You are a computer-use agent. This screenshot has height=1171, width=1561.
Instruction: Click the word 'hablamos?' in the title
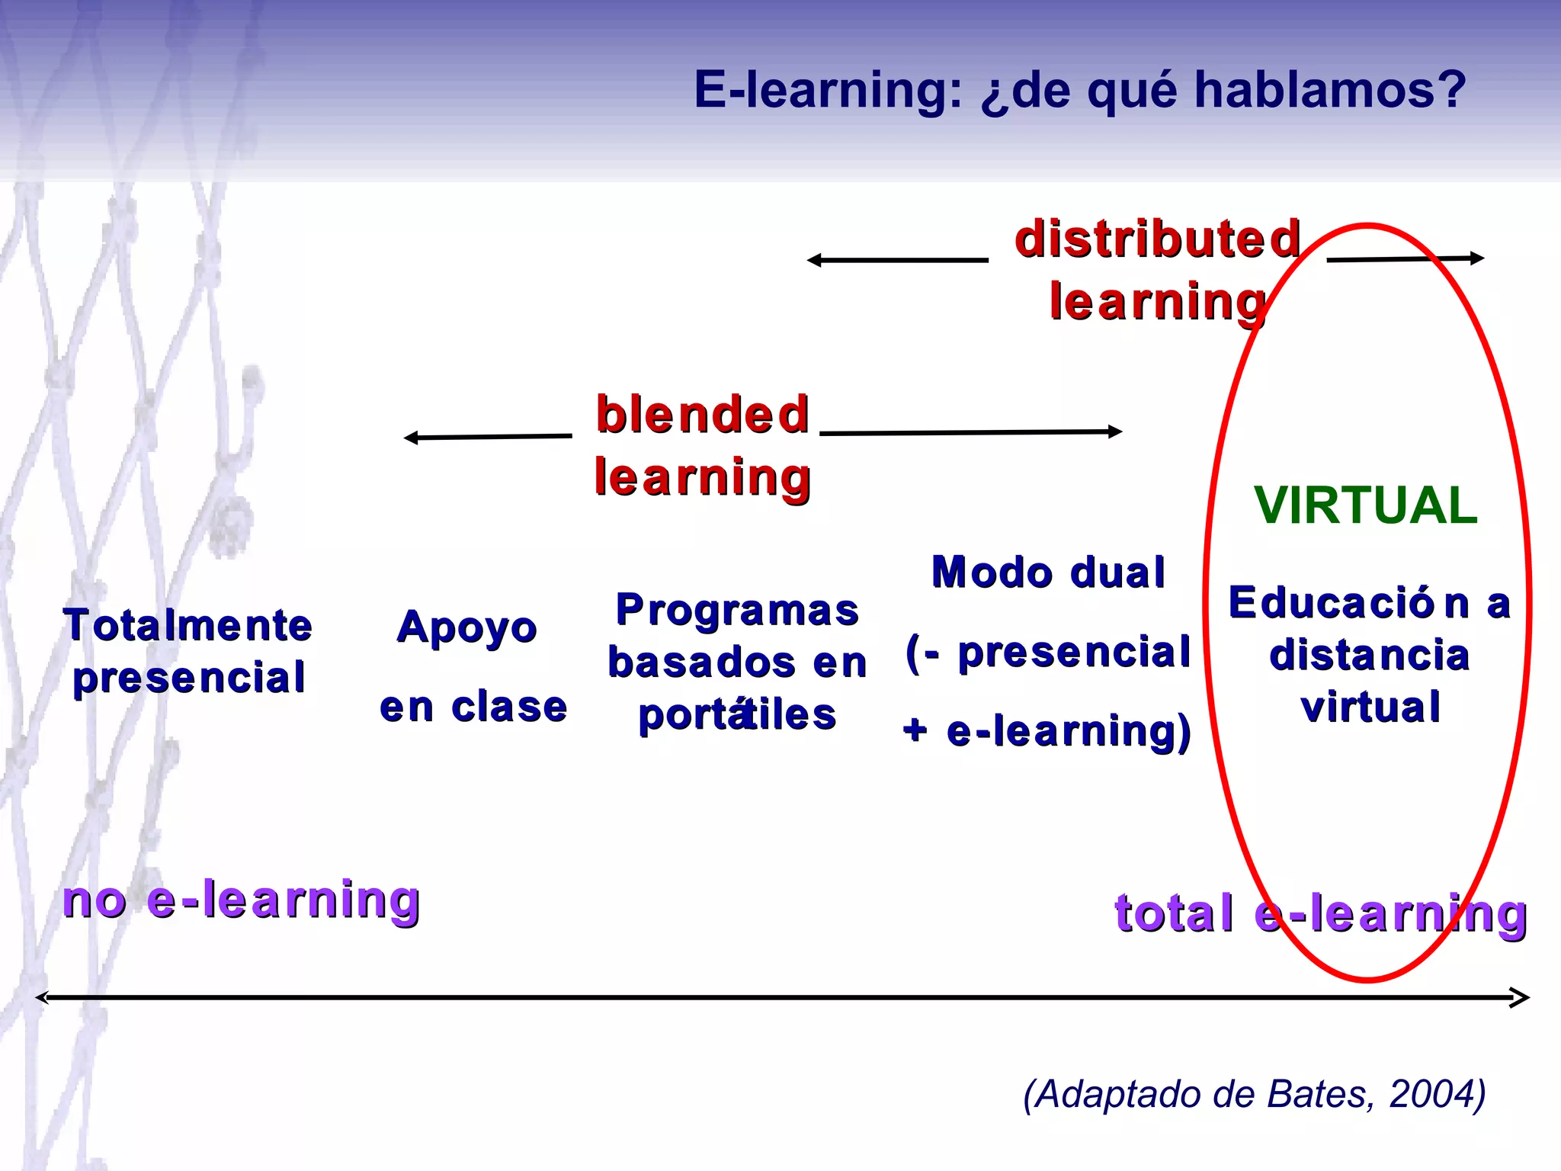[1329, 90]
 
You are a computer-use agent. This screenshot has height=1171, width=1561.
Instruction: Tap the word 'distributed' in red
[1157, 239]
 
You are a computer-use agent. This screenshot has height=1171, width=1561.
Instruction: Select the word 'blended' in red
[702, 414]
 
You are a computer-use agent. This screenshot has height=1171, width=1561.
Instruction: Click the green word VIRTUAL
[1366, 505]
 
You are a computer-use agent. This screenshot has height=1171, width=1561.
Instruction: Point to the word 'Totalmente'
[188, 625]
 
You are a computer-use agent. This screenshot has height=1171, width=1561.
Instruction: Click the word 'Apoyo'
[466, 628]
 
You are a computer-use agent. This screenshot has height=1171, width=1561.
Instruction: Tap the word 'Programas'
[737, 610]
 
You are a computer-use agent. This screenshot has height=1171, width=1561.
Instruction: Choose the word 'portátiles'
[737, 715]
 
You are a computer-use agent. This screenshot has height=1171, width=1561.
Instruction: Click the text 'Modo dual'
[1048, 573]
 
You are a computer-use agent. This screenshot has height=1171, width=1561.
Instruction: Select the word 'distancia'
[1369, 655]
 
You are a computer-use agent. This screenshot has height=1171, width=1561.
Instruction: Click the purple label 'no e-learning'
[241, 900]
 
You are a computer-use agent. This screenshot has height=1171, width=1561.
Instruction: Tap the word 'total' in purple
[1174, 913]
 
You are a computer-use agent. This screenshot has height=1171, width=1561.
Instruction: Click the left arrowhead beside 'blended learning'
[410, 438]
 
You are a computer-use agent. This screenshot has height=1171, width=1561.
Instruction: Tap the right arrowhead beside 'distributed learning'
[1478, 258]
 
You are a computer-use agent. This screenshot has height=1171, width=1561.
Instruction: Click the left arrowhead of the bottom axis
[42, 997]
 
